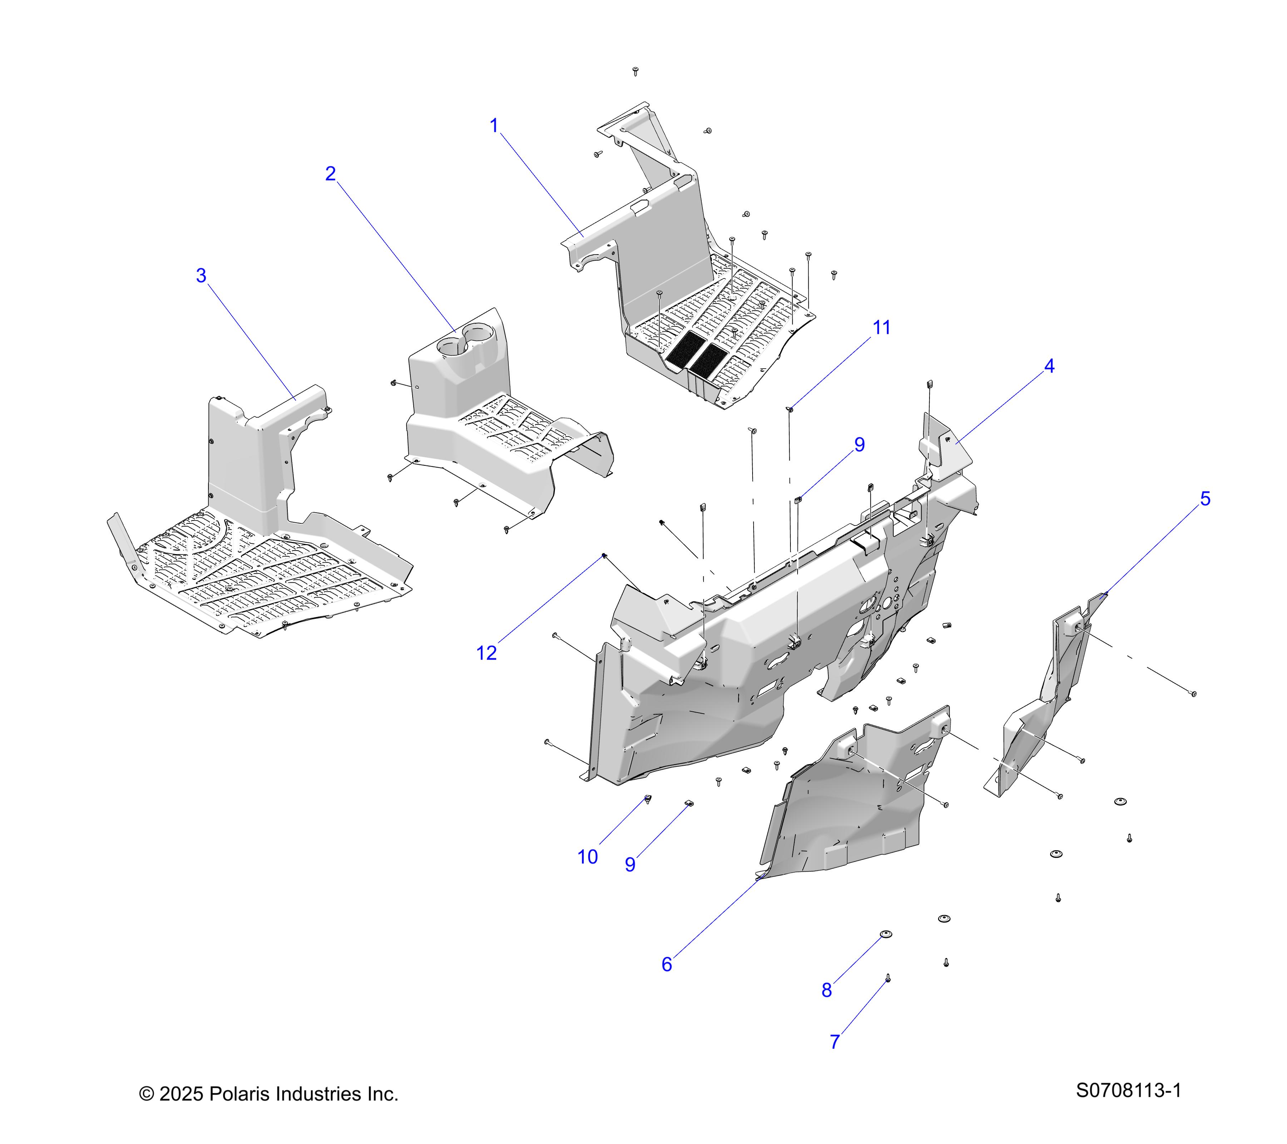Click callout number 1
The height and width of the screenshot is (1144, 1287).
click(x=494, y=126)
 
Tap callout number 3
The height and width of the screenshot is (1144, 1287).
click(x=201, y=276)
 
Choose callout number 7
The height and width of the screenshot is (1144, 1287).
click(x=835, y=1042)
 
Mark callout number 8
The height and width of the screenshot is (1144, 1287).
click(x=827, y=990)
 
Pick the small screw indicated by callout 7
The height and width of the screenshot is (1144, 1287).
click(x=888, y=978)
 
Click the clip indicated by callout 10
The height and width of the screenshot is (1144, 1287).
click(x=648, y=800)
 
